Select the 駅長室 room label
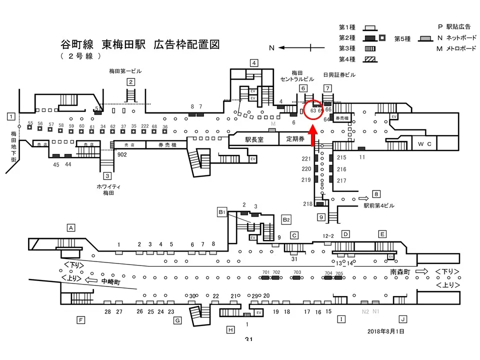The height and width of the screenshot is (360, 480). (253, 139)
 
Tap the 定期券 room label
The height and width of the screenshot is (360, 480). (295, 139)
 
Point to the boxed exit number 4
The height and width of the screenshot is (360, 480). (254, 63)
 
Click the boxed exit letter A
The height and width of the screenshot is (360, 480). (71, 228)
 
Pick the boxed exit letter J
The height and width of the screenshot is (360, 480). (402, 319)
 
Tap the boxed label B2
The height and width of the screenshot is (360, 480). (286, 219)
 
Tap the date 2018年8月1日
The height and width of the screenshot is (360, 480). (385, 331)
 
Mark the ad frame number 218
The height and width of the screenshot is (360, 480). (307, 204)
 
